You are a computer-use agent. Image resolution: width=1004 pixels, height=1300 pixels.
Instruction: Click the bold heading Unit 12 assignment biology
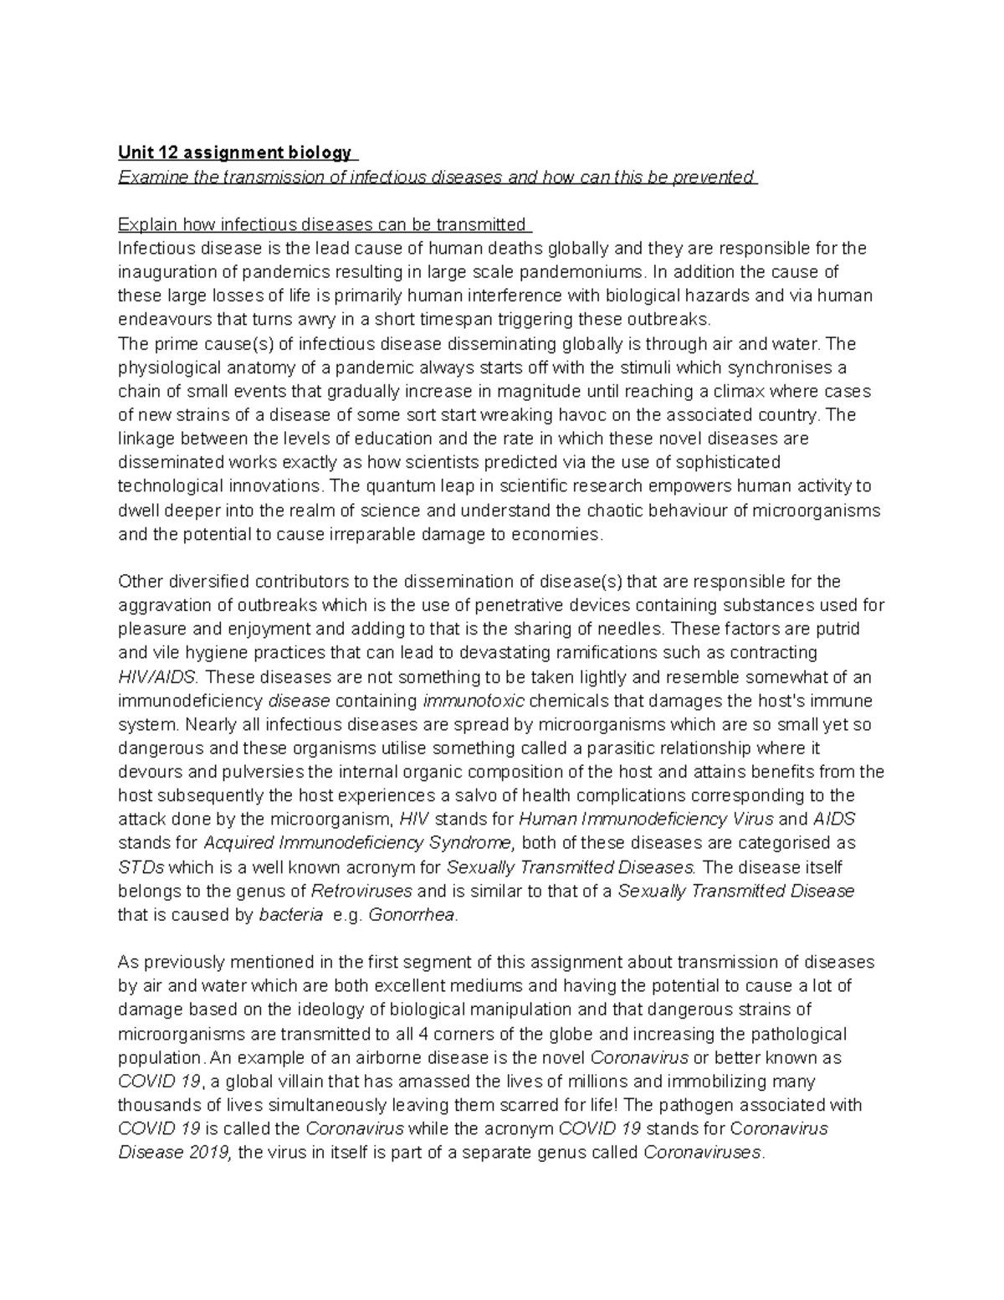(x=235, y=153)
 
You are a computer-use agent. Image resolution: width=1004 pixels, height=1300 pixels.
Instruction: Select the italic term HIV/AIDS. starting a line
(x=156, y=676)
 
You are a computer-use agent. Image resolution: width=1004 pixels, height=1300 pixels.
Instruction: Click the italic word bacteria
(x=291, y=915)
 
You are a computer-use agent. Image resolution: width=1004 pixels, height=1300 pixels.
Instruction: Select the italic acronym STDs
(x=141, y=867)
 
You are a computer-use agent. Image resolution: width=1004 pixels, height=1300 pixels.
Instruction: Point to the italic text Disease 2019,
(x=176, y=1153)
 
